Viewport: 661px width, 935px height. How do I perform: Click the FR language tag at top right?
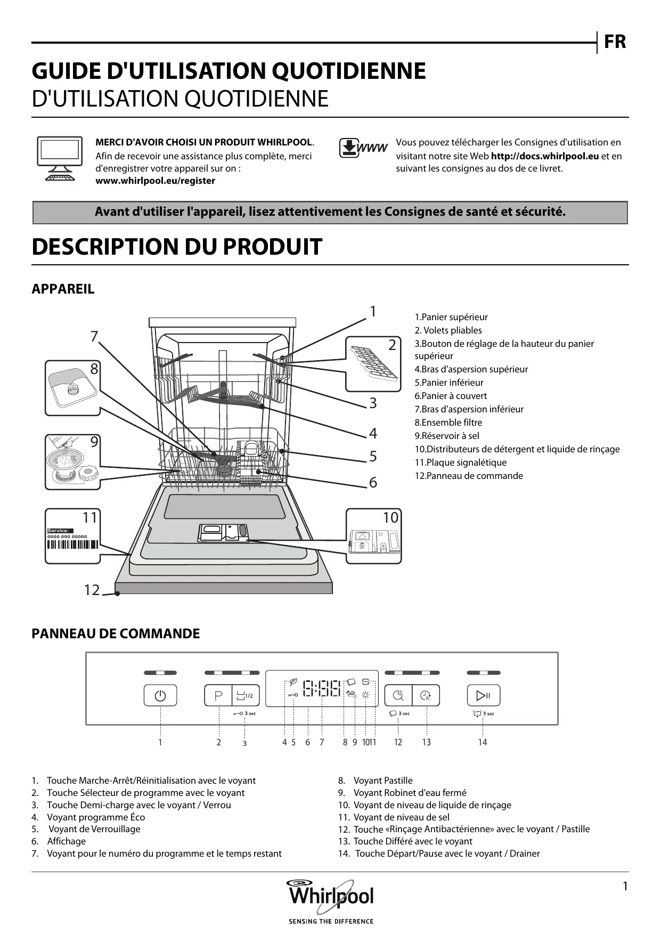615,42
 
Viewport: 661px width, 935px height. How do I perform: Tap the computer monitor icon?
59,159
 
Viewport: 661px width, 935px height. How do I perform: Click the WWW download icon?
363,148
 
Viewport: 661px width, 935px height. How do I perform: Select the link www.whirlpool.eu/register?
155,181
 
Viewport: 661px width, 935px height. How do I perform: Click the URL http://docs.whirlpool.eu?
544,156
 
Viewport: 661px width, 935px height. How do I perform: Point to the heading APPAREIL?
63,289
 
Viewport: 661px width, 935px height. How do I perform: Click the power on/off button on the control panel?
160,695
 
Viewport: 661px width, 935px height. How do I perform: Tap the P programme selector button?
218,695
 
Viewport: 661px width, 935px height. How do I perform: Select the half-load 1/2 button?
246,695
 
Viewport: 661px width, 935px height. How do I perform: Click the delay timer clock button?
426,695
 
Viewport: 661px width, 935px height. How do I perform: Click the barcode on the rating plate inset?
72,544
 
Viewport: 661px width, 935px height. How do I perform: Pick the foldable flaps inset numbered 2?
373,364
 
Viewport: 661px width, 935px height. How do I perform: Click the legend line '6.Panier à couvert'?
451,396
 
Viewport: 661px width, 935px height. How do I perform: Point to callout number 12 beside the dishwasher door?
92,590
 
